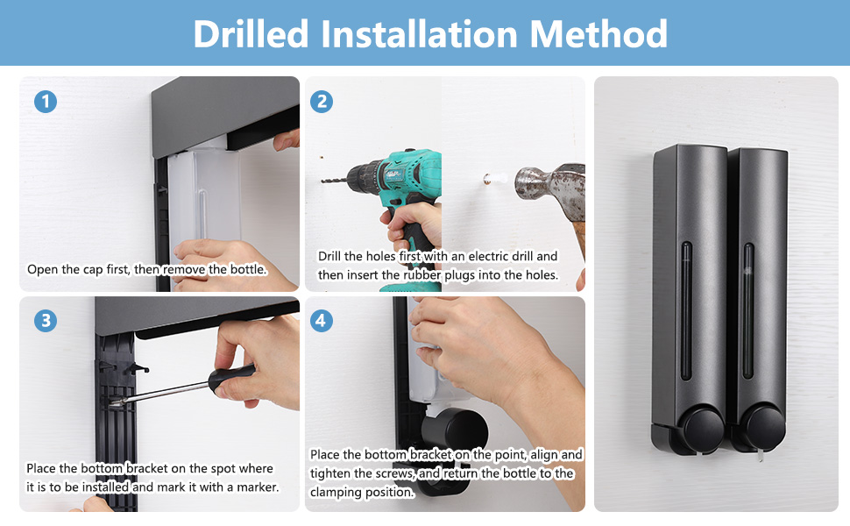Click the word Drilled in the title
point(251,33)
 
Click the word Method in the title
point(599,33)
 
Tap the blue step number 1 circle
point(46,102)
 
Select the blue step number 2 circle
point(322,102)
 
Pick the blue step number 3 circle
point(46,321)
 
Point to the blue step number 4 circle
point(322,321)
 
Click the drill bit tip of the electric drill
point(322,181)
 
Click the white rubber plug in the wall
point(495,179)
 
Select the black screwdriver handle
point(231,378)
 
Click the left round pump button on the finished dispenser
point(704,430)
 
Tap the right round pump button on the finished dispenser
point(763,428)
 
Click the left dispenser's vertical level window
point(686,311)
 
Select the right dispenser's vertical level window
point(748,310)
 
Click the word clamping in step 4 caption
point(333,493)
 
